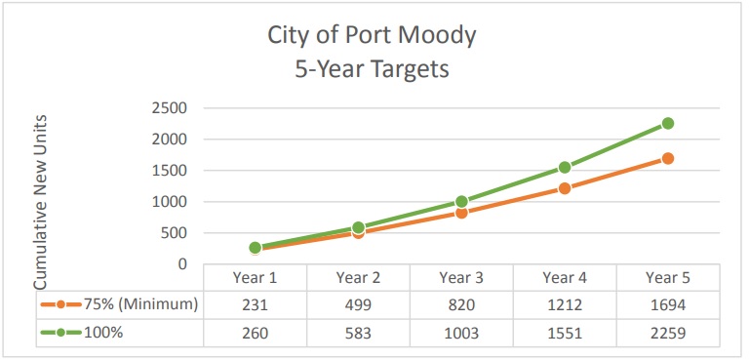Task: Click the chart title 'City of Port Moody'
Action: pyautogui.click(x=373, y=36)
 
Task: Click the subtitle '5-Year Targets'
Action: pyautogui.click(x=373, y=70)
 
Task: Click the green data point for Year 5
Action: pyautogui.click(x=668, y=123)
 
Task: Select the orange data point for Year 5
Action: pyautogui.click(x=668, y=158)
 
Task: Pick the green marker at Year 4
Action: pyautogui.click(x=565, y=167)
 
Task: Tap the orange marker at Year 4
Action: pyautogui.click(x=565, y=188)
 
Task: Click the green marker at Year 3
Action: pyautogui.click(x=461, y=202)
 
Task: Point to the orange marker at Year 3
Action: pyautogui.click(x=461, y=213)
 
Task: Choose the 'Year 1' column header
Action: pyautogui.click(x=255, y=278)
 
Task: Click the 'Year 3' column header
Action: pyautogui.click(x=461, y=278)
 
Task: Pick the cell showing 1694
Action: pyautogui.click(x=668, y=304)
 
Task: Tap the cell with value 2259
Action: pyautogui.click(x=668, y=333)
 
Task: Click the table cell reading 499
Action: pyautogui.click(x=358, y=304)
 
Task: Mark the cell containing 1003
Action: pyautogui.click(x=461, y=333)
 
